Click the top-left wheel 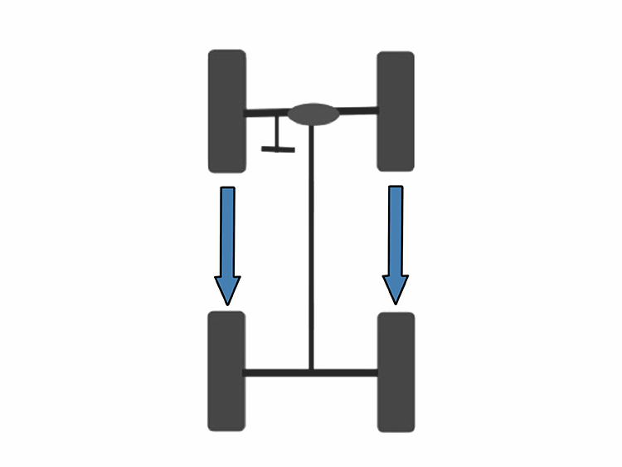[226, 111]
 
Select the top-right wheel [396, 111]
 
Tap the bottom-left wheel [226, 371]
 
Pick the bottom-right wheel [396, 372]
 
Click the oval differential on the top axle [313, 114]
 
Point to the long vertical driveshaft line [311, 249]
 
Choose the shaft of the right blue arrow [396, 229]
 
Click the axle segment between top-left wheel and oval [266, 113]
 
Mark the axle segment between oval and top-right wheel [358, 110]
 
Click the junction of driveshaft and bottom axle [311, 372]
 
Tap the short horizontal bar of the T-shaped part [278, 149]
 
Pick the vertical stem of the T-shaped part [278, 133]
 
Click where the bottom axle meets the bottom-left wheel [245, 372]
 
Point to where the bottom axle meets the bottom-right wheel [377, 372]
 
